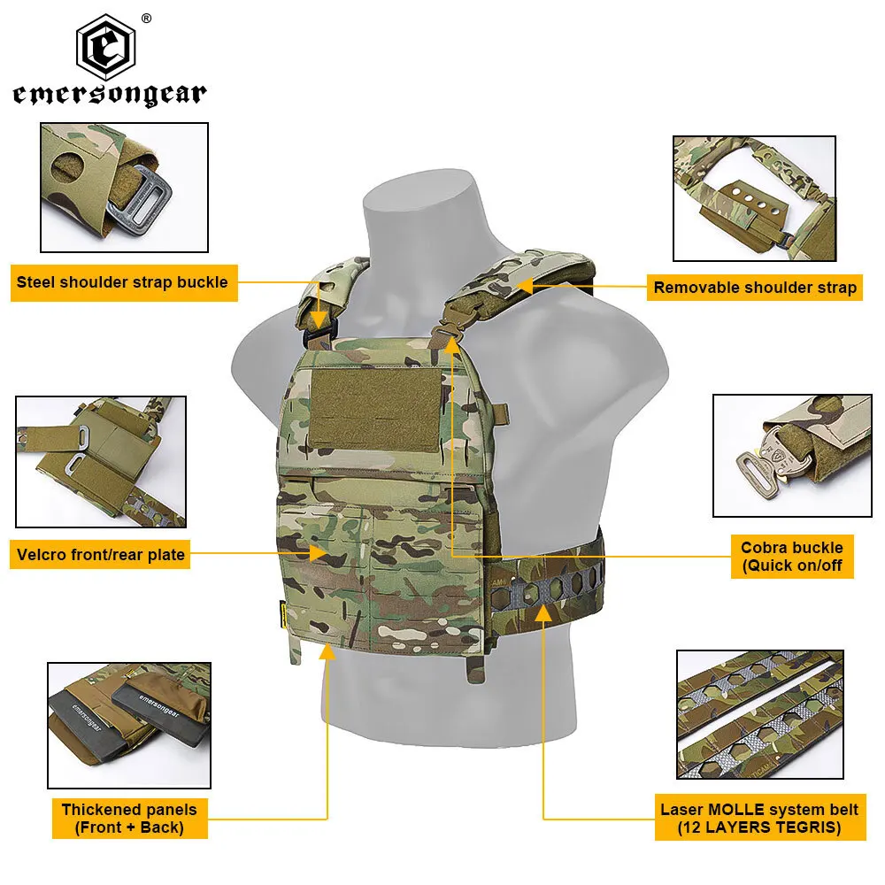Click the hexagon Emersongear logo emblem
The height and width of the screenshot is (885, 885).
[x=110, y=47]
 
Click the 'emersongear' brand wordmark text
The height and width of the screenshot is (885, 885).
[x=110, y=95]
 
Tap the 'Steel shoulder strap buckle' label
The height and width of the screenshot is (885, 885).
[x=122, y=283]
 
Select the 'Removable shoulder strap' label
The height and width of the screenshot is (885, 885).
[x=755, y=287]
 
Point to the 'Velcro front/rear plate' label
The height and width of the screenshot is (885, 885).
[x=101, y=555]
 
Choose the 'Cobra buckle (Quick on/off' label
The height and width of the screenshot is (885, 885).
[x=792, y=557]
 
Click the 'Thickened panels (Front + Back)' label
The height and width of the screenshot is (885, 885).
[x=129, y=819]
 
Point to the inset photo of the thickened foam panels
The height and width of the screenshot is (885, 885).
[x=129, y=725]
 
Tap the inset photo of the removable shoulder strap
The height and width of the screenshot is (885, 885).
[x=754, y=197]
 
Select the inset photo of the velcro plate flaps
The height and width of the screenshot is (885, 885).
[x=101, y=461]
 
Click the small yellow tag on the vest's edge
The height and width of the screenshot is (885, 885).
[x=278, y=610]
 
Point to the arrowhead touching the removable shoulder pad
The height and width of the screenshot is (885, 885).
[x=522, y=287]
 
